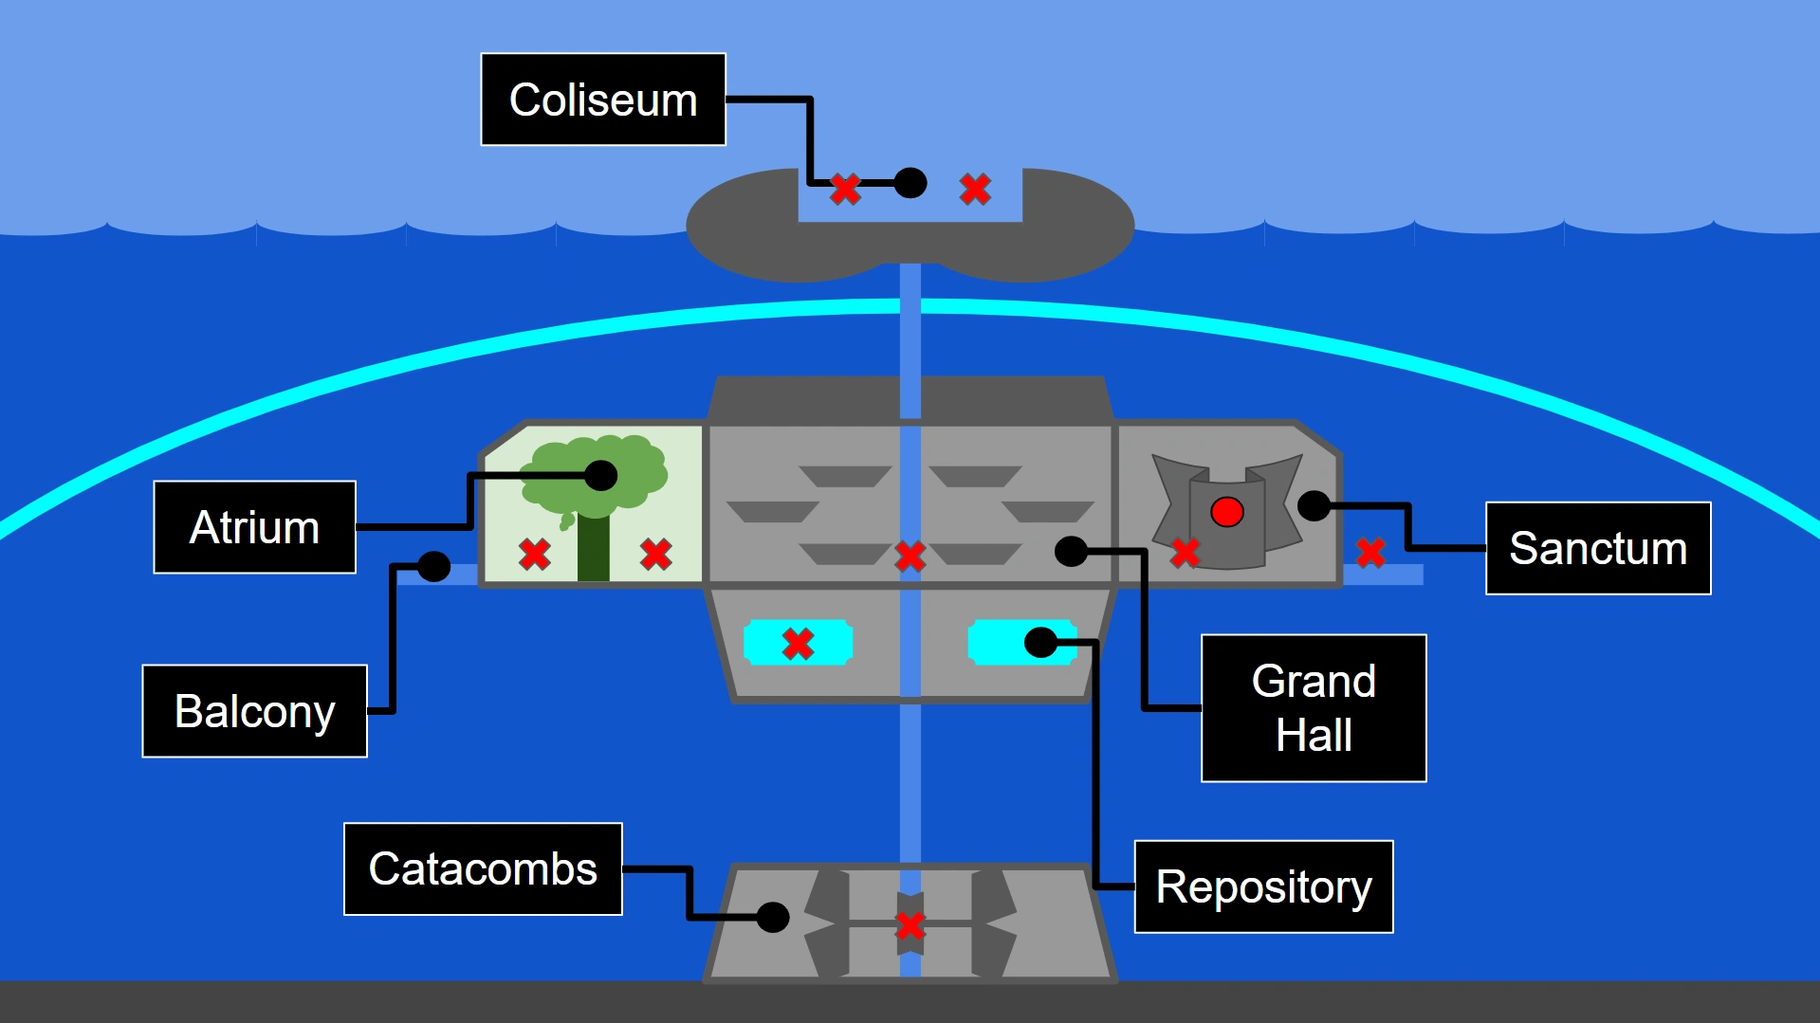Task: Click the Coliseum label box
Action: click(x=603, y=100)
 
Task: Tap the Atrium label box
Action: click(x=255, y=527)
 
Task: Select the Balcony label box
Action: click(x=255, y=711)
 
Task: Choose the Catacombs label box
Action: click(x=483, y=868)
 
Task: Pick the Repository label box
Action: click(x=1264, y=886)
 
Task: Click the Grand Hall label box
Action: click(x=1314, y=708)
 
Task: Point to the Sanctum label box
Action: click(x=1598, y=548)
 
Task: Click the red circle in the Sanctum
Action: click(x=1227, y=512)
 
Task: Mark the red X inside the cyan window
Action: click(x=799, y=644)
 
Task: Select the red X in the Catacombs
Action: click(x=910, y=925)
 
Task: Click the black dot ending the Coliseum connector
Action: click(x=910, y=183)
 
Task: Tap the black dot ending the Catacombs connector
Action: click(x=773, y=917)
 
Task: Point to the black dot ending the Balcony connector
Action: click(x=433, y=567)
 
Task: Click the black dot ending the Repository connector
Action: click(x=1040, y=643)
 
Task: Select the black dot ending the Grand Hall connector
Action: click(x=1071, y=551)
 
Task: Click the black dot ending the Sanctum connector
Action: click(x=1314, y=506)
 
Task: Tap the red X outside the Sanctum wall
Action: click(x=1370, y=552)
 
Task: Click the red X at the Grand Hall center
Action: click(x=910, y=557)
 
